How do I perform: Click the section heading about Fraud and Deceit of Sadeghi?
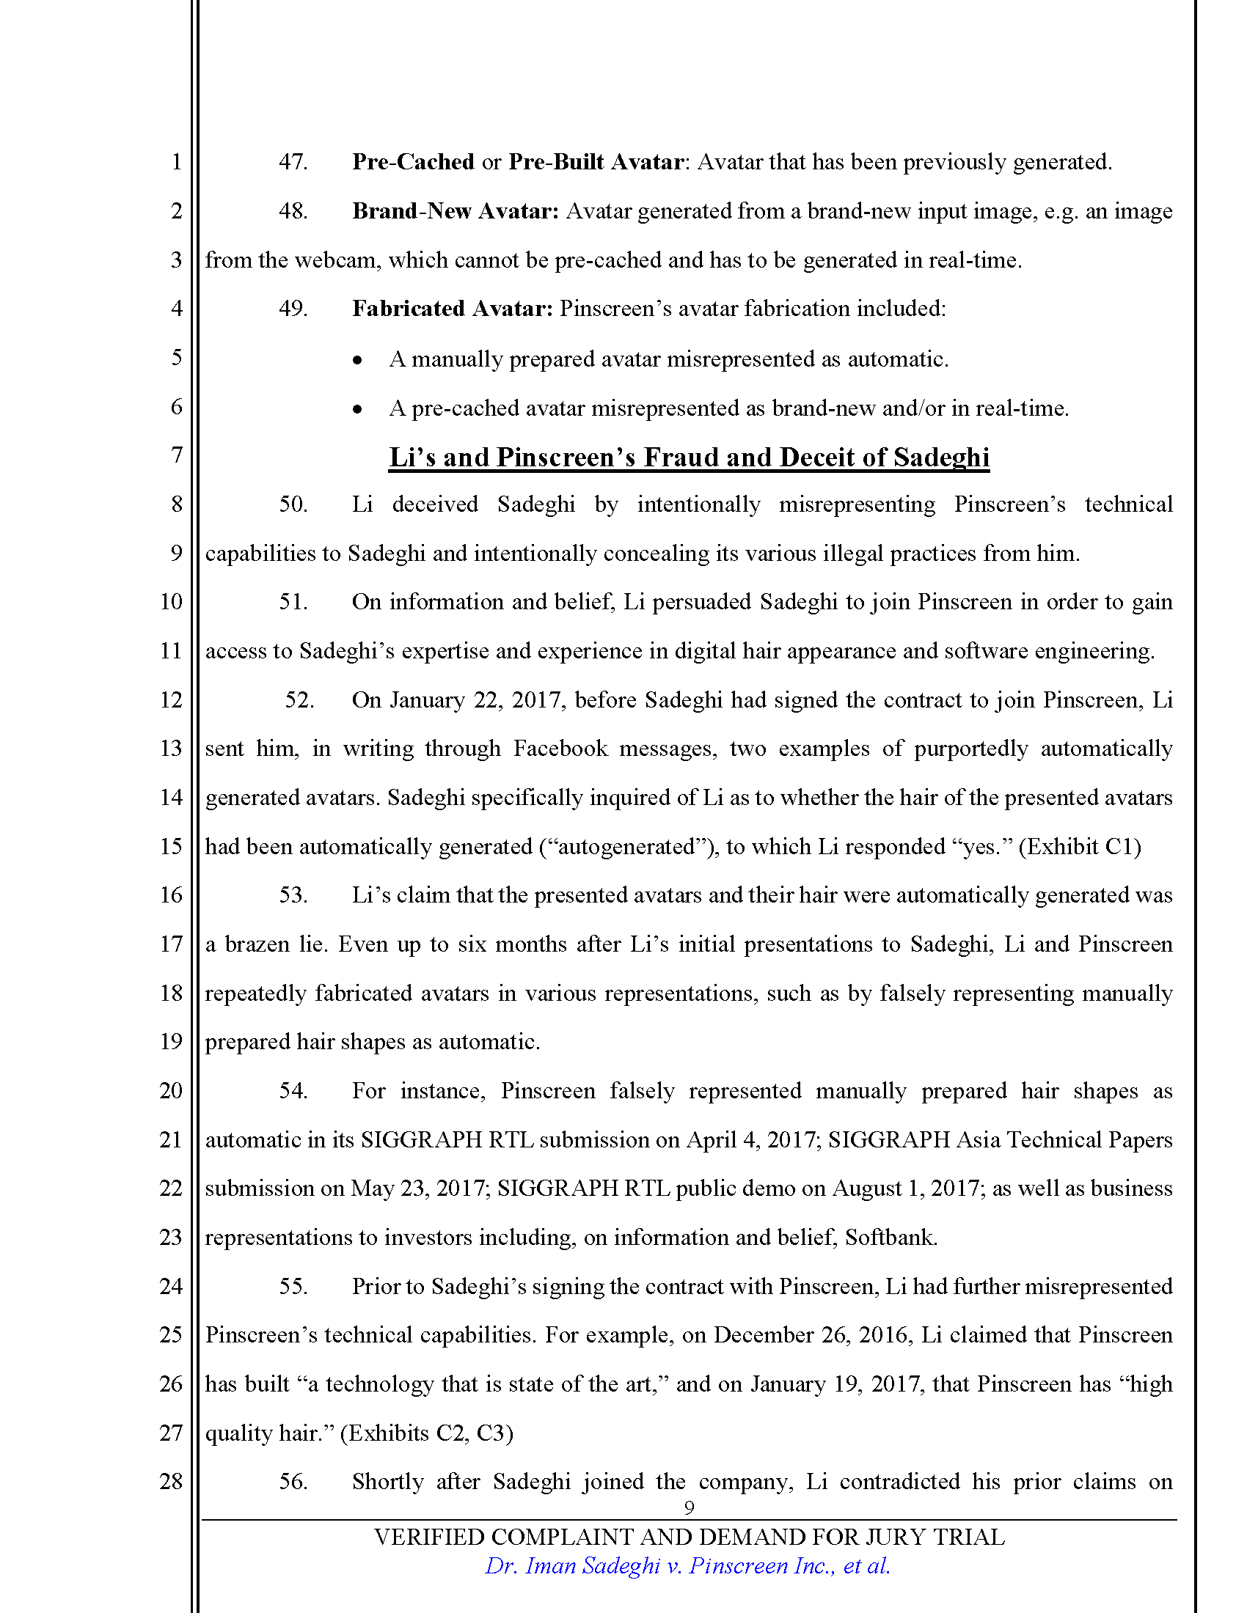[689, 458]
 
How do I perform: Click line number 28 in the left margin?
[171, 1481]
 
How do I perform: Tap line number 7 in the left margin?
[177, 455]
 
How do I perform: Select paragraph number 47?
[293, 162]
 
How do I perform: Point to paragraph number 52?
[299, 699]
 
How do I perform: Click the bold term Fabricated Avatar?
[452, 309]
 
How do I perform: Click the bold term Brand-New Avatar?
[455, 211]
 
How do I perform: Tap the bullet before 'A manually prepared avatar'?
[357, 361]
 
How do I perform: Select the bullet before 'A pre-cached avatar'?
[357, 409]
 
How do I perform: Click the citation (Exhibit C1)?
[1080, 846]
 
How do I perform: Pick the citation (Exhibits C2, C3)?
[426, 1433]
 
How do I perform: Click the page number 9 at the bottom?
[690, 1508]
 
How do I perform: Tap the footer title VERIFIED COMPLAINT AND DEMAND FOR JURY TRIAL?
[689, 1537]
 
